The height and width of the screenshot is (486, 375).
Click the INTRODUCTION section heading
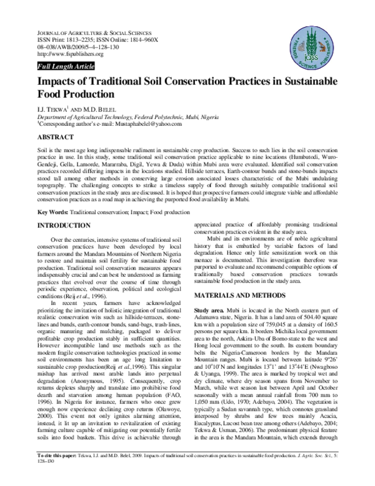61,224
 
